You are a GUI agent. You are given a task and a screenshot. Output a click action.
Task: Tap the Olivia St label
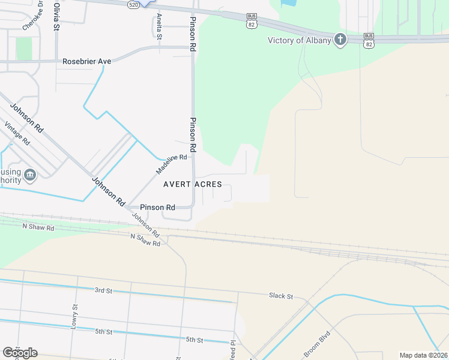coord(56,17)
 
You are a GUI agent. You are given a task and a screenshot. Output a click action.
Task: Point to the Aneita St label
coord(159,26)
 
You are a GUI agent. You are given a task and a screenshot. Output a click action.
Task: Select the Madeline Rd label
coord(172,163)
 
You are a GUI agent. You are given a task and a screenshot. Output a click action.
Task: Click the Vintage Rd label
coord(17,133)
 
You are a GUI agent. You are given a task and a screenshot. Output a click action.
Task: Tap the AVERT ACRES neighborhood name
coord(193,184)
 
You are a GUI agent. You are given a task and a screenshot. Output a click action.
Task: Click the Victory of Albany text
coord(299,40)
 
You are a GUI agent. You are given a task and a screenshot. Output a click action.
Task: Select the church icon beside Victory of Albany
coord(340,40)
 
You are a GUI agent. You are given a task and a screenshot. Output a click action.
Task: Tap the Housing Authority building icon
coord(30,175)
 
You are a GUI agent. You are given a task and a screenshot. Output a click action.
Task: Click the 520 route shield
coord(134,4)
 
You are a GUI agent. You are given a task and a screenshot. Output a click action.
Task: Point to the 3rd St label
coord(103,290)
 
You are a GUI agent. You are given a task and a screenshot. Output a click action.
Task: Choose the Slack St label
coord(281,296)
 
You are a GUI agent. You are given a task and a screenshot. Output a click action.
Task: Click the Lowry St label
coord(75,315)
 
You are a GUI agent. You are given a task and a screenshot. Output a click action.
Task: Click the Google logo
coord(20,353)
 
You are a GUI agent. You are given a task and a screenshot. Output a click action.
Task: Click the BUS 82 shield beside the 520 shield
coord(251,21)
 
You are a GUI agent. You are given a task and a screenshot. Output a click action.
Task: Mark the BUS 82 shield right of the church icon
coord(369,40)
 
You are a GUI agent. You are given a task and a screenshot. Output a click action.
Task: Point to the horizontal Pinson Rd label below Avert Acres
coord(157,208)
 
